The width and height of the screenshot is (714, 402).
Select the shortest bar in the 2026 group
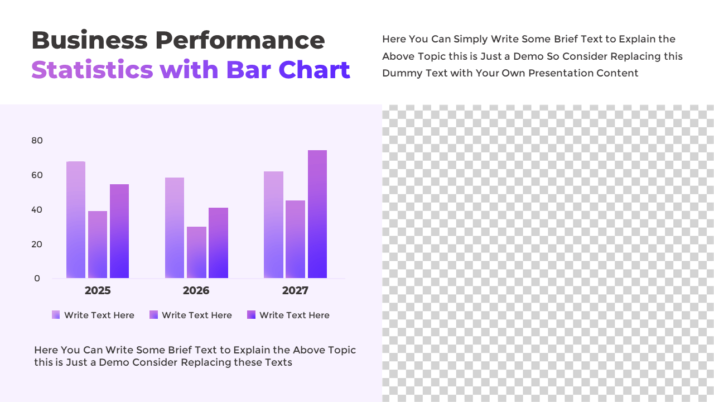point(196,252)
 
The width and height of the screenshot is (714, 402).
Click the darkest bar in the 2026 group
point(218,243)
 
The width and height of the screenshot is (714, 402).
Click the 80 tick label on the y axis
point(37,141)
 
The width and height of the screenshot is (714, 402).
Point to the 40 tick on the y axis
point(37,210)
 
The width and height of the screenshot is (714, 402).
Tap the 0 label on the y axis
point(37,279)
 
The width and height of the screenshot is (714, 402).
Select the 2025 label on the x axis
point(98,291)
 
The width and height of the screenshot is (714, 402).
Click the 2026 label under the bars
point(196,291)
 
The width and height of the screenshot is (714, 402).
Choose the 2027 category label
point(295,291)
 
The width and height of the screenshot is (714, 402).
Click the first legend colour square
point(56,315)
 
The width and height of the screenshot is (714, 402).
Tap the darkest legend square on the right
point(251,315)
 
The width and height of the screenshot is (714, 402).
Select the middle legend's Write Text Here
point(196,315)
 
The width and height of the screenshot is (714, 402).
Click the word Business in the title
point(89,41)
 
